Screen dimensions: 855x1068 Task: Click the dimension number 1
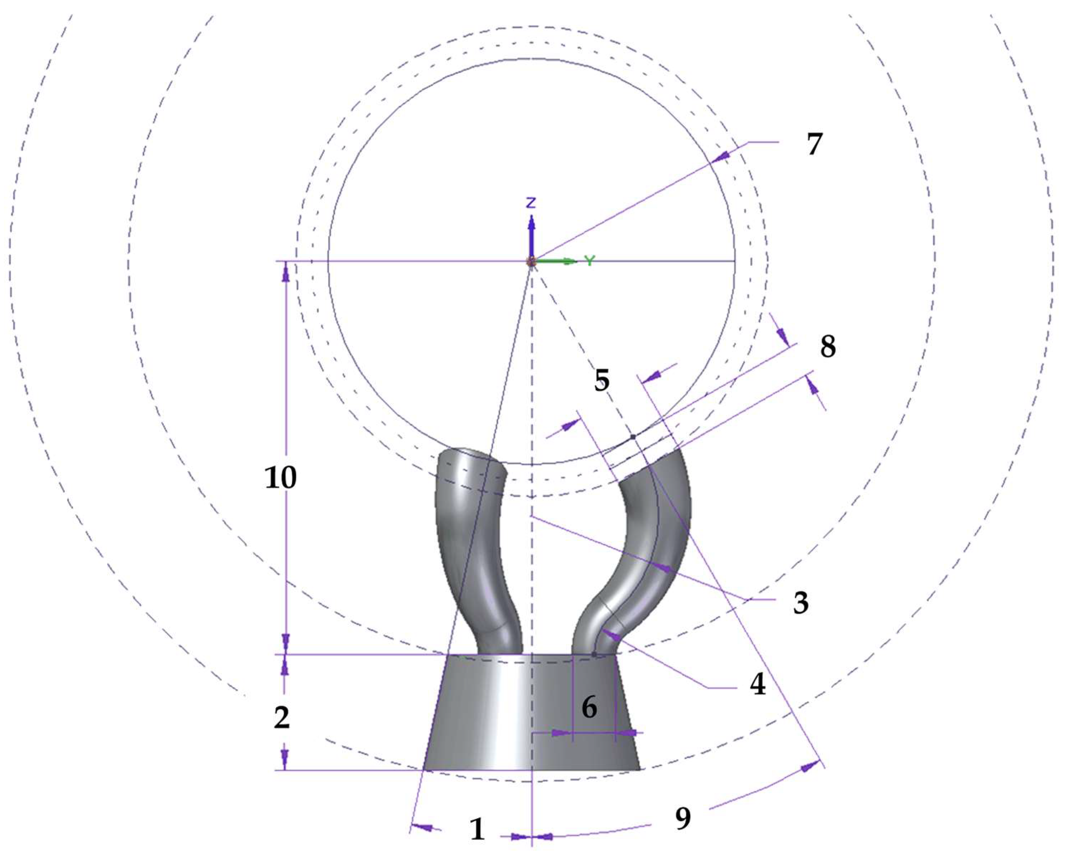(477, 829)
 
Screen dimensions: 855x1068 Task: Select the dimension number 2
(282, 717)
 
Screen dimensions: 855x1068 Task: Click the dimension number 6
(589, 707)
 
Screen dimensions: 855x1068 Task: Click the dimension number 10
(281, 478)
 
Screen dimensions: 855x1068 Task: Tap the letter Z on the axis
(531, 202)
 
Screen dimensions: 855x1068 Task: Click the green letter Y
(589, 261)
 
